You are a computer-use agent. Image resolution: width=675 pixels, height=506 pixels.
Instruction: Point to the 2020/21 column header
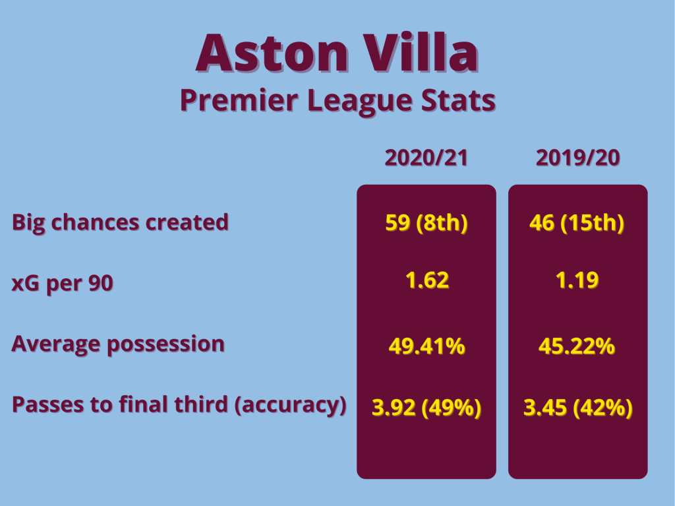point(426,157)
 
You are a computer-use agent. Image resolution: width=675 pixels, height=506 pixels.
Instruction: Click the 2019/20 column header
point(577,157)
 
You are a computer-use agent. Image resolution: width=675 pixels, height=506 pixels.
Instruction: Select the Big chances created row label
point(120,223)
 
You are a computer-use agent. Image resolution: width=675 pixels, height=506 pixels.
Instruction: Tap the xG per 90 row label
point(63,284)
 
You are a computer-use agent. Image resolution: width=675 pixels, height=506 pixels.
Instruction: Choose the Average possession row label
point(118,344)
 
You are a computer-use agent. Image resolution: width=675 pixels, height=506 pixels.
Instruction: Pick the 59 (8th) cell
point(426,223)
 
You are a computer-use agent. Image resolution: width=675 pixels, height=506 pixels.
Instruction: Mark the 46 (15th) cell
point(577,223)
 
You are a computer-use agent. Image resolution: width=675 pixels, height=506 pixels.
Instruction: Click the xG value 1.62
point(427,280)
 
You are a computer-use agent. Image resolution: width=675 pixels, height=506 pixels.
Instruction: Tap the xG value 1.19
point(577,280)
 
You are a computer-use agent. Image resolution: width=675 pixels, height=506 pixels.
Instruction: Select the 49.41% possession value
point(426,346)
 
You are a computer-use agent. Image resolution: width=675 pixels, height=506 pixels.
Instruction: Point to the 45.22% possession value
point(577,346)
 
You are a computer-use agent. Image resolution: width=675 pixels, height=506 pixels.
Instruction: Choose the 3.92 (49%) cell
point(426,407)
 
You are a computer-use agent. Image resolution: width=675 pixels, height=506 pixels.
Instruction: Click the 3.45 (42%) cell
point(577,407)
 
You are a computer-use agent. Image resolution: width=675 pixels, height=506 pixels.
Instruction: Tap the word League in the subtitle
point(360,101)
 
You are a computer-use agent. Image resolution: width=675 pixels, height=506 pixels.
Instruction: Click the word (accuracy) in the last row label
point(291,405)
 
